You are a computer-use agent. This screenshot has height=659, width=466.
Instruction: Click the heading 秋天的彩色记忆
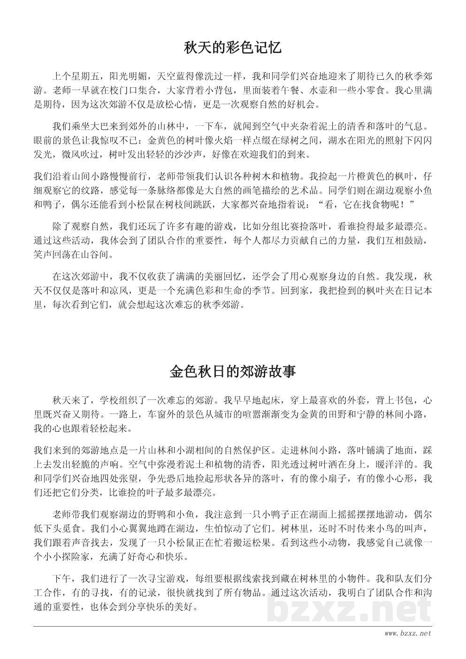(x=233, y=48)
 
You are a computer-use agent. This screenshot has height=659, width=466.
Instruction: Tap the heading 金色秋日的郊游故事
(x=233, y=372)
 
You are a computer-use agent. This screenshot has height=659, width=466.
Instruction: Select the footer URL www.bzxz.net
(x=407, y=634)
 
